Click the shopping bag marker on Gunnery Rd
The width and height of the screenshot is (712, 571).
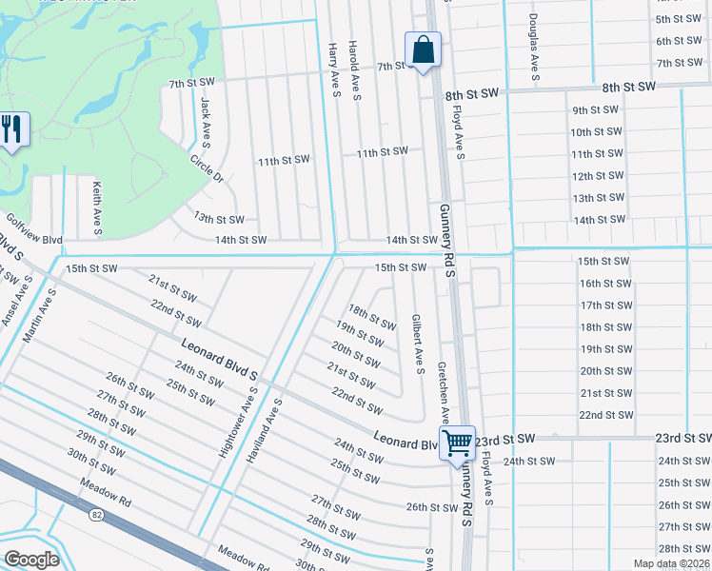[x=423, y=50]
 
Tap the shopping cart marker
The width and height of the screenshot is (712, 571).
[x=457, y=443]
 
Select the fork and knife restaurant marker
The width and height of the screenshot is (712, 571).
[x=12, y=129]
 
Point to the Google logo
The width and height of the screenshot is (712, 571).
[x=31, y=559]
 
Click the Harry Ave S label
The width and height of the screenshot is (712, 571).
[x=334, y=69]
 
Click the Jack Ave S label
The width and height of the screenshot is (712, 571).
[x=205, y=119]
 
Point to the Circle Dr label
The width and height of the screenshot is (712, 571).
[x=206, y=168]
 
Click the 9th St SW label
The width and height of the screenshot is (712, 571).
[x=596, y=109]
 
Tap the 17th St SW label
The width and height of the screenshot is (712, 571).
[x=605, y=305]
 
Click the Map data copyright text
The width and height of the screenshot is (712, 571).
[x=670, y=563]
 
